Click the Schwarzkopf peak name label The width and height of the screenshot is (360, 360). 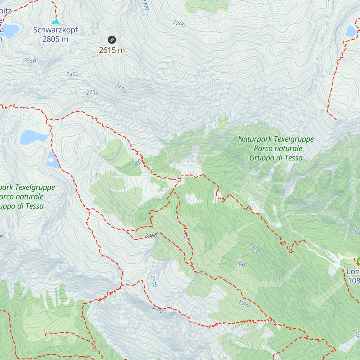pyautogui.click(x=55, y=30)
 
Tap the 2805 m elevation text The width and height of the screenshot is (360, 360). pyautogui.click(x=55, y=39)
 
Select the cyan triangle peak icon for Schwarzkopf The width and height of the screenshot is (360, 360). pyautogui.click(x=55, y=21)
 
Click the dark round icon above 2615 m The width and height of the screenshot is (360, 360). pyautogui.click(x=112, y=40)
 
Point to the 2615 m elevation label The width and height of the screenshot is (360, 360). pyautogui.click(x=112, y=50)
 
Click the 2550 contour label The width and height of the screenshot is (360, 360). pyautogui.click(x=30, y=61)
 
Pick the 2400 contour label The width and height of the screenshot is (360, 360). pyautogui.click(x=72, y=74)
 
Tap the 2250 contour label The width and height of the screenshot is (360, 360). pyautogui.click(x=92, y=93)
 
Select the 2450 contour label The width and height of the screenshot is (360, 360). pyautogui.click(x=120, y=88)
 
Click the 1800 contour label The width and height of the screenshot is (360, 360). pyautogui.click(x=136, y=164)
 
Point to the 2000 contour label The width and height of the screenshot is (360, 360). pyautogui.click(x=151, y=236)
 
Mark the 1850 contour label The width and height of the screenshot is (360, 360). pyautogui.click(x=186, y=238)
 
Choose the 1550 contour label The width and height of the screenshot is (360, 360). pyautogui.click(x=255, y=248)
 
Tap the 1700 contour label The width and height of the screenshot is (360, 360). pyautogui.click(x=239, y=264)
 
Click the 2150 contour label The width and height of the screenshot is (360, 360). pyautogui.click(x=154, y=281)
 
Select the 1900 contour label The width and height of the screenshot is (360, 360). pyautogui.click(x=244, y=304)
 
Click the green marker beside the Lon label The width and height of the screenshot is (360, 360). pyautogui.click(x=358, y=261)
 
